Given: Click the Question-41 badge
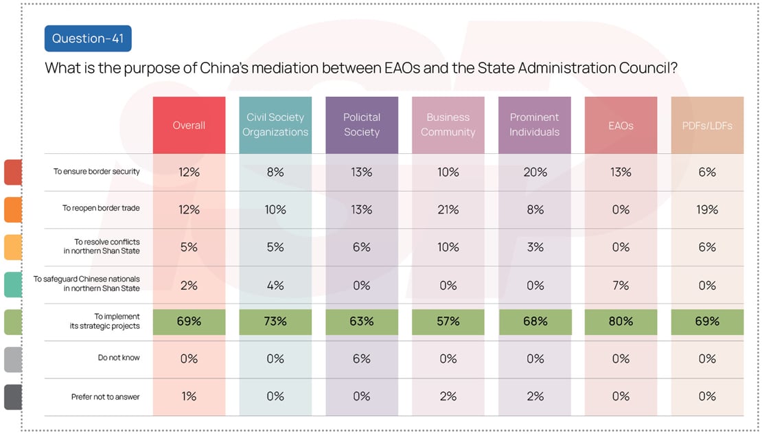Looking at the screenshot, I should (x=87, y=38).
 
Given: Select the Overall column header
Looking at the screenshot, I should (x=189, y=125).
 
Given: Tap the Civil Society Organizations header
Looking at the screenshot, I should (x=275, y=125).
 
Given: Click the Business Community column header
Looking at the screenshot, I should (x=448, y=125).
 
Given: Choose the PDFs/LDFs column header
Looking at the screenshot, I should (x=707, y=125).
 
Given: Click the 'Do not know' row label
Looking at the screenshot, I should (x=119, y=358).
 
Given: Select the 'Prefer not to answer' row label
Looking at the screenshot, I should (x=105, y=396).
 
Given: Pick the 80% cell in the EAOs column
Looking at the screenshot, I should (x=621, y=321).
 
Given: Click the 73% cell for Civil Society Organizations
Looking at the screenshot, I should (x=275, y=321).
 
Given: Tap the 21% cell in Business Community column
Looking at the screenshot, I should (x=448, y=209).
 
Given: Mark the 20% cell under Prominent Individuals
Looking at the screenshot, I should (x=534, y=172).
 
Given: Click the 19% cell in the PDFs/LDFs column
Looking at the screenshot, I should (x=707, y=209).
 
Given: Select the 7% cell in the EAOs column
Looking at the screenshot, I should (x=621, y=285).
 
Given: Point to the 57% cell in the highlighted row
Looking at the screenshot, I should (x=448, y=321).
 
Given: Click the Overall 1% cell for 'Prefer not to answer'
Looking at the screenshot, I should (x=189, y=396).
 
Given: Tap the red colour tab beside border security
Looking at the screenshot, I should (x=13, y=172).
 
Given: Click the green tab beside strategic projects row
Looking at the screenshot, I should (x=13, y=322).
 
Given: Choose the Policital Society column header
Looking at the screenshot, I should (x=362, y=125).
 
